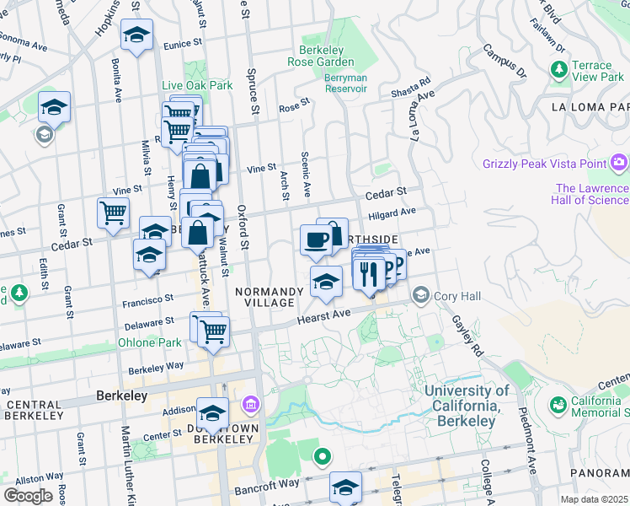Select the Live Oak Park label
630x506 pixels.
coord(197,86)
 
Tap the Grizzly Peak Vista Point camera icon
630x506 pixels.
coord(620,161)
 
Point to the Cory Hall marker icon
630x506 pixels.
coord(420,296)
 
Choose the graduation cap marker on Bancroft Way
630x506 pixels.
coord(345,487)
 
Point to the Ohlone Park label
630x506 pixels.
coord(149,342)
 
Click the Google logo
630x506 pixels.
coord(28,495)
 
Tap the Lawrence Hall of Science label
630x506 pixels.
coord(591,194)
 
